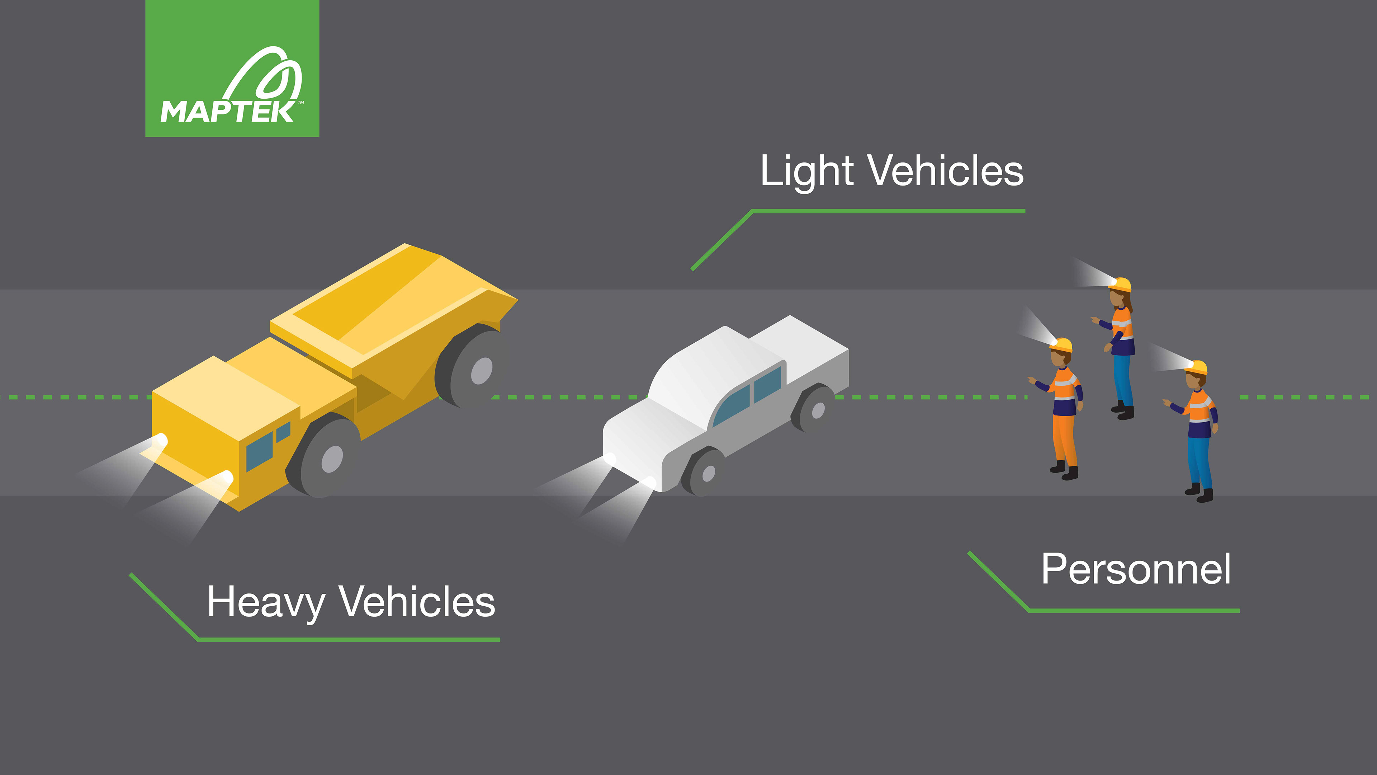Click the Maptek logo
tap(232, 69)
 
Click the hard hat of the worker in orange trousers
tap(1061, 345)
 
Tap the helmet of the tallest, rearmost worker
tap(1120, 284)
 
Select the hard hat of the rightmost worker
tap(1197, 367)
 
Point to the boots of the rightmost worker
tap(1199, 493)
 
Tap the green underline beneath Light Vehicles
tap(888, 211)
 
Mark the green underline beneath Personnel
tap(1133, 610)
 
